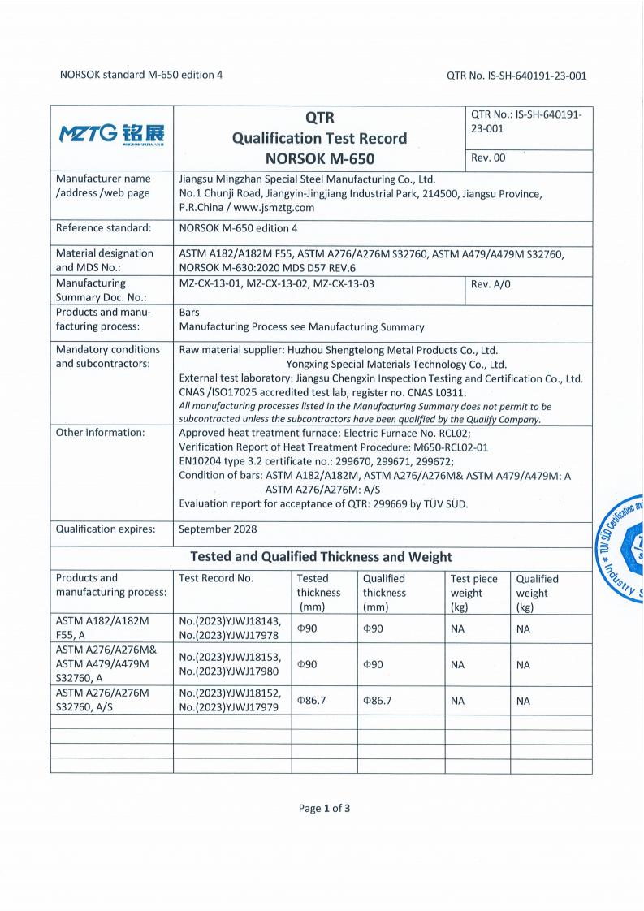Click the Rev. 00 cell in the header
click(488, 158)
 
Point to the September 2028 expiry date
click(218, 529)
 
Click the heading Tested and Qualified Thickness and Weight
click(321, 556)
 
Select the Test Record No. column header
click(216, 578)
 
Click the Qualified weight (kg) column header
click(538, 593)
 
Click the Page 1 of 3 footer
click(325, 808)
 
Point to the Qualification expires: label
click(106, 529)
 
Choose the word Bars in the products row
click(189, 312)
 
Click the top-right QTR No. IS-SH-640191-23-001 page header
click(516, 76)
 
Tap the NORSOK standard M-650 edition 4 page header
click(141, 75)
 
